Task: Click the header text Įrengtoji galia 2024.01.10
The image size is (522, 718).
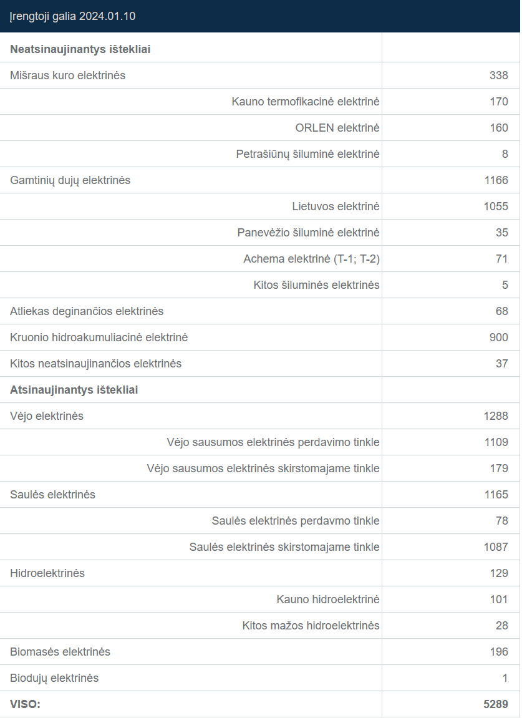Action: (72, 16)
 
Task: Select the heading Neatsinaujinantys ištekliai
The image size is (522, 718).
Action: (80, 49)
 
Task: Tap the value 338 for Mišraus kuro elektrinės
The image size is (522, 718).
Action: (499, 75)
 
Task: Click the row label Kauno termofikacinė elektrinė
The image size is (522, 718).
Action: (306, 102)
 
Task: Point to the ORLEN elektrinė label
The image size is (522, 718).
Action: (337, 128)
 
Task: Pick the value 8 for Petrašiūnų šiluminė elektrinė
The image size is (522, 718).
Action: (505, 154)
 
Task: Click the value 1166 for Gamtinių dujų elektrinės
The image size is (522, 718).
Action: (496, 180)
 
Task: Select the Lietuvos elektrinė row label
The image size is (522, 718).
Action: (336, 206)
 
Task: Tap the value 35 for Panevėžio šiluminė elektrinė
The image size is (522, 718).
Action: (502, 233)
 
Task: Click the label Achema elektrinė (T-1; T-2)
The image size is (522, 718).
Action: (311, 259)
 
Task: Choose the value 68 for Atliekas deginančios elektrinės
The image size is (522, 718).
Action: (502, 311)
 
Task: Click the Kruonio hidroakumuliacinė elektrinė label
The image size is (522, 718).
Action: (99, 337)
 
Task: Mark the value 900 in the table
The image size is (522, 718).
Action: (499, 337)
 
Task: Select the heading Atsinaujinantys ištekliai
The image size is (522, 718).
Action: (74, 390)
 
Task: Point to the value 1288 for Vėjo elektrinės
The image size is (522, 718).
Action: (496, 416)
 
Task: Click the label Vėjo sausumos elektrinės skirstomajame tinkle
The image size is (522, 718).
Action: (263, 468)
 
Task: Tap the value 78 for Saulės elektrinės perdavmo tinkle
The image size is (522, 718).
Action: (502, 521)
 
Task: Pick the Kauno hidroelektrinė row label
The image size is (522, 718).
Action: (328, 599)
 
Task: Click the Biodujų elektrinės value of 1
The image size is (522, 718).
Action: (505, 678)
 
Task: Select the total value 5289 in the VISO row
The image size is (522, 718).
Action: (496, 704)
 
